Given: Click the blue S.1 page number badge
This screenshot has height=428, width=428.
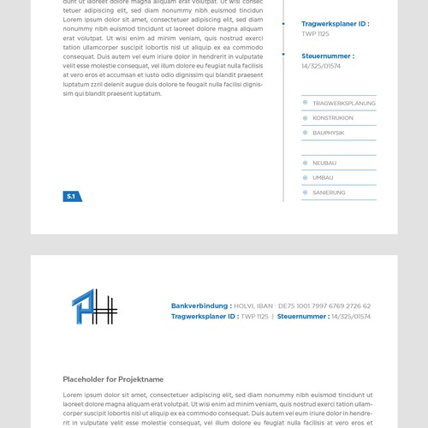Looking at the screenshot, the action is pyautogui.click(x=72, y=197).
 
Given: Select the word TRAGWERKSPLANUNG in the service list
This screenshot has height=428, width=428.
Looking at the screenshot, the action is pyautogui.click(x=344, y=104).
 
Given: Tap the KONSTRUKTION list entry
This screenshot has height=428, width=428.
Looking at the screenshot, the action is pyautogui.click(x=333, y=118).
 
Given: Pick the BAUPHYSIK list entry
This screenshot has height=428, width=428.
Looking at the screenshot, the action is pyautogui.click(x=329, y=133).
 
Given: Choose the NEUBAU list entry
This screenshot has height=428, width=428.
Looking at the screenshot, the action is pyautogui.click(x=324, y=163).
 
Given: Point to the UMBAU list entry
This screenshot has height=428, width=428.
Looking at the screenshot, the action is pyautogui.click(x=324, y=178).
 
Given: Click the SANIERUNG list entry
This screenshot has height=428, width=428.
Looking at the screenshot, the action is pyautogui.click(x=330, y=193).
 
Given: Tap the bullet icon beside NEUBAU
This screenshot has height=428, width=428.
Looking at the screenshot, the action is pyautogui.click(x=306, y=163).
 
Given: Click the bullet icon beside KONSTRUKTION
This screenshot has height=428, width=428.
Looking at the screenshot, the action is pyautogui.click(x=306, y=118).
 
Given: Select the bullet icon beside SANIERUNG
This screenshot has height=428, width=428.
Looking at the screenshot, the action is pyautogui.click(x=306, y=193).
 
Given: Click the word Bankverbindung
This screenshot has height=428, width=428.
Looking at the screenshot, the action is pyautogui.click(x=201, y=306).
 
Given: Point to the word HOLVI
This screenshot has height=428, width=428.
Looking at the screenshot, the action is pyautogui.click(x=244, y=306).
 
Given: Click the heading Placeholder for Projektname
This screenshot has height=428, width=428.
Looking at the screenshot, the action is pyautogui.click(x=113, y=379).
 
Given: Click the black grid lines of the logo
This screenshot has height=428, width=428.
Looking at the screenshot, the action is pyautogui.click(x=104, y=309).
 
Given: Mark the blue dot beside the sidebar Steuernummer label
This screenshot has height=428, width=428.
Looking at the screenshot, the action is pyautogui.click(x=283, y=54).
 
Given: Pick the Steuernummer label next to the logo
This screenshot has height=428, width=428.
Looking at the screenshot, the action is pyautogui.click(x=302, y=317).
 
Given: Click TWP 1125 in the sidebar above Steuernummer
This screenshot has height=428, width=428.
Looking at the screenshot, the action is pyautogui.click(x=315, y=33).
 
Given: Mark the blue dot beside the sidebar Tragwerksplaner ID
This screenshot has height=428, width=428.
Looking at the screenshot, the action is pyautogui.click(x=283, y=24).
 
